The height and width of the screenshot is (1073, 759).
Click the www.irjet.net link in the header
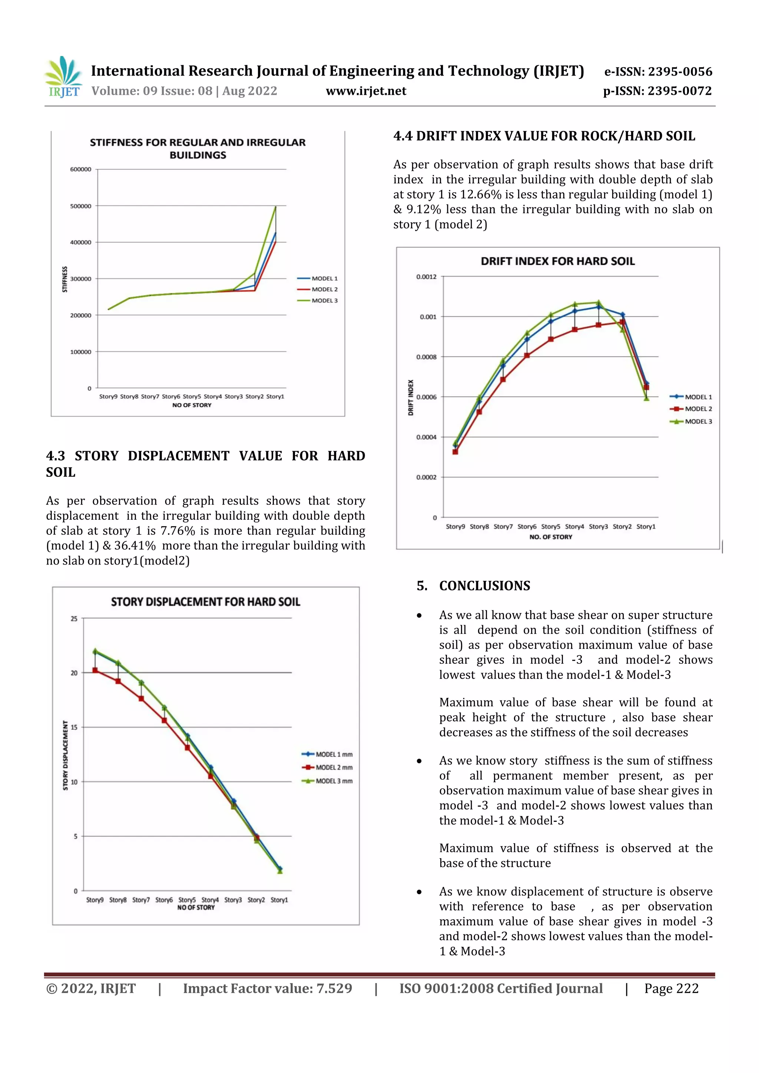(x=366, y=91)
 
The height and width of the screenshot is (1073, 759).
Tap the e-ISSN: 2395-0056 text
(x=658, y=71)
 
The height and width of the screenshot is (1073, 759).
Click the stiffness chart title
(x=198, y=148)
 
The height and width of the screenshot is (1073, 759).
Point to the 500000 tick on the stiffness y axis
(x=80, y=206)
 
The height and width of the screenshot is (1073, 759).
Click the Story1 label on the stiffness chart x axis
(x=275, y=396)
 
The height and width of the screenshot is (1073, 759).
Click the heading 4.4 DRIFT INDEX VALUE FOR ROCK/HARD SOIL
(x=544, y=136)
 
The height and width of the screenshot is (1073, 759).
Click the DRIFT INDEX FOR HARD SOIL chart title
(x=557, y=261)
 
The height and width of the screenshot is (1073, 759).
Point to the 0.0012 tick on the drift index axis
(x=426, y=277)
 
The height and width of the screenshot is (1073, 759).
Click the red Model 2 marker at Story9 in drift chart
(x=455, y=451)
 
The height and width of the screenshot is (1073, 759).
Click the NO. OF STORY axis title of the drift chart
(x=550, y=537)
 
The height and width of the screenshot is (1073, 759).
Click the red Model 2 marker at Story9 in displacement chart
(x=95, y=670)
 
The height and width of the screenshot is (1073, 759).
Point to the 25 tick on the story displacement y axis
(x=74, y=619)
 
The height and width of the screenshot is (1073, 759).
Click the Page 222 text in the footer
(x=671, y=989)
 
